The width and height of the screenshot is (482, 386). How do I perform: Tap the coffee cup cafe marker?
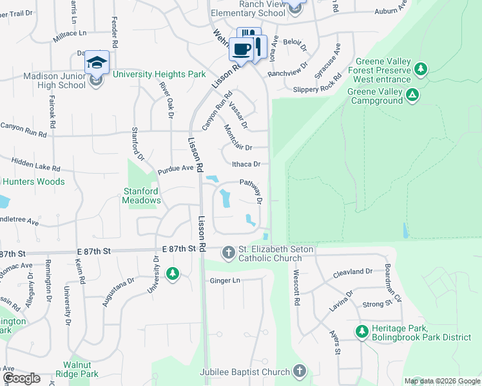(242, 49)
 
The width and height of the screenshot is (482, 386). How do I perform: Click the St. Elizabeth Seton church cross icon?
(228, 253)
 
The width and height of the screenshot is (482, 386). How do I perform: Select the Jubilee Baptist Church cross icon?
(299, 371)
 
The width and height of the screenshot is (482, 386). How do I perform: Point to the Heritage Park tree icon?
(362, 333)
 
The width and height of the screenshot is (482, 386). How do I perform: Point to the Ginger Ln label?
(225, 281)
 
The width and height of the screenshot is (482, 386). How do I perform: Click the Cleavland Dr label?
(353, 273)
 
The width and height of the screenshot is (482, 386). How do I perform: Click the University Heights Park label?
(159, 75)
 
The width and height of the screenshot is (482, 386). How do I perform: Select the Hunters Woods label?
(32, 182)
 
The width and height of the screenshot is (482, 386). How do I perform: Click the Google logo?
(21, 379)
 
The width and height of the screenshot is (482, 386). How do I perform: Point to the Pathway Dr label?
(251, 191)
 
